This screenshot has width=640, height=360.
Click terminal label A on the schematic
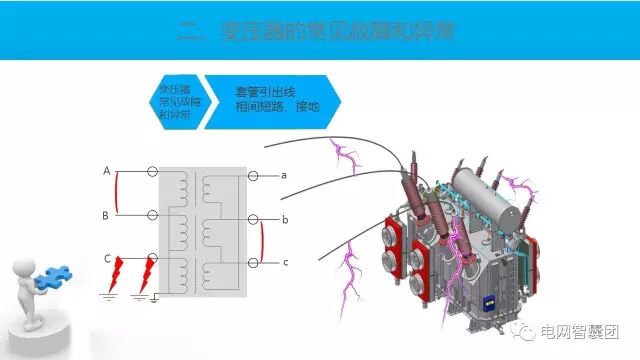click(106, 171)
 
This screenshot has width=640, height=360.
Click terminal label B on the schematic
click(106, 215)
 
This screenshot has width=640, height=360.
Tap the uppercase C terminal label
click(107, 259)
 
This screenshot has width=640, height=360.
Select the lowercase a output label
click(284, 175)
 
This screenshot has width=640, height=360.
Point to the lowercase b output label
click(285, 218)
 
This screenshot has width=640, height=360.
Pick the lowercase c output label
click(285, 262)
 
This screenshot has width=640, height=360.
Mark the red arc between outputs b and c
click(263, 240)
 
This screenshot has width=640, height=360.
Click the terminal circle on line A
click(152, 172)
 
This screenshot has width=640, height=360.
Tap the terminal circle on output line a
click(254, 176)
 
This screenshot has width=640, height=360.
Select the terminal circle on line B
click(152, 215)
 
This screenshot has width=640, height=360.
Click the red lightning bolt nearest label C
click(120, 270)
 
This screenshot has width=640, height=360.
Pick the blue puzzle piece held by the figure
click(56, 275)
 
